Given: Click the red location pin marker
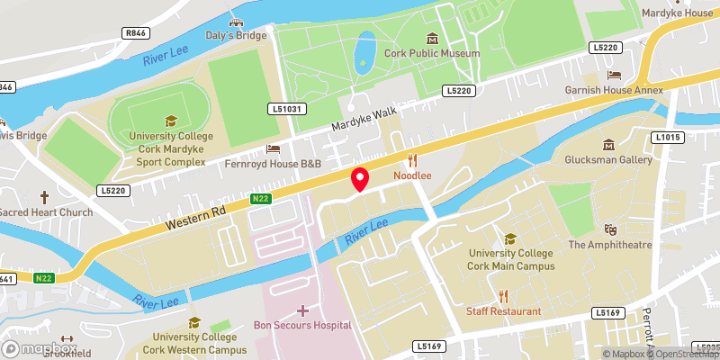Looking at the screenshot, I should (359, 179).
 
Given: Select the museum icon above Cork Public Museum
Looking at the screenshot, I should (433, 38).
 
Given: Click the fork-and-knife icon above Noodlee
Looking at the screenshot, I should (413, 160).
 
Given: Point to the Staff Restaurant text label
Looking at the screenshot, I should (503, 311).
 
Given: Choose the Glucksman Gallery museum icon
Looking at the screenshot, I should (609, 145).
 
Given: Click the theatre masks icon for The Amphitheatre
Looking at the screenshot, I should (612, 229).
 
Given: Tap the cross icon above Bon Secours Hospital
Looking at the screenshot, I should (302, 310).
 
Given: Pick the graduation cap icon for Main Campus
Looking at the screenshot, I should (510, 238).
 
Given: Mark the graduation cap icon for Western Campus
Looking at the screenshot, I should (193, 321).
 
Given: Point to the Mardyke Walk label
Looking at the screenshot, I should (363, 115).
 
